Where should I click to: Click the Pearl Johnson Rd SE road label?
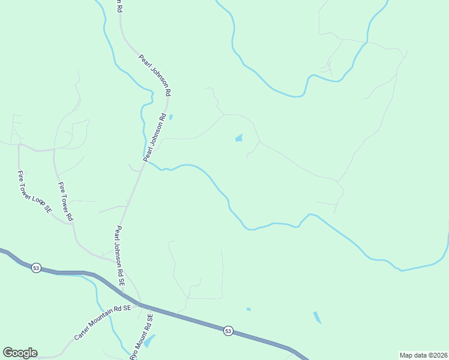point(120,255)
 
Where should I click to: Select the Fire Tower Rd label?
point(65,201)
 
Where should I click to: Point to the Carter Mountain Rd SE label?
point(103,323)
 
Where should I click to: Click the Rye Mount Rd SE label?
point(142,337)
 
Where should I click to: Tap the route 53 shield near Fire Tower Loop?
point(36,268)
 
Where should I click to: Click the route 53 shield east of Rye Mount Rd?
point(228,331)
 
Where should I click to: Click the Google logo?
point(20,353)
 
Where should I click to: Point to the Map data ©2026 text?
point(423,355)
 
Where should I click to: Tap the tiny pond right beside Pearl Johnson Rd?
point(171,117)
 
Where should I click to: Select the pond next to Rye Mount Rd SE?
point(149,341)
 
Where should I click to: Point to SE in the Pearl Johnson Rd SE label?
point(122,280)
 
